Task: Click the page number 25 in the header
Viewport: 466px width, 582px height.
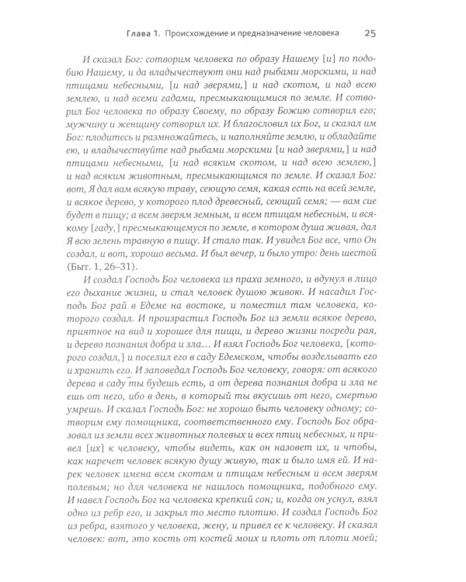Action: click(370, 33)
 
